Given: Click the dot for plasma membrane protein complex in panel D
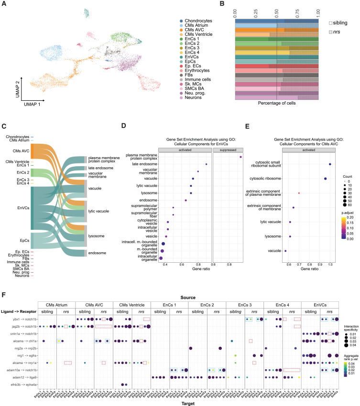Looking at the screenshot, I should (241, 157).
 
